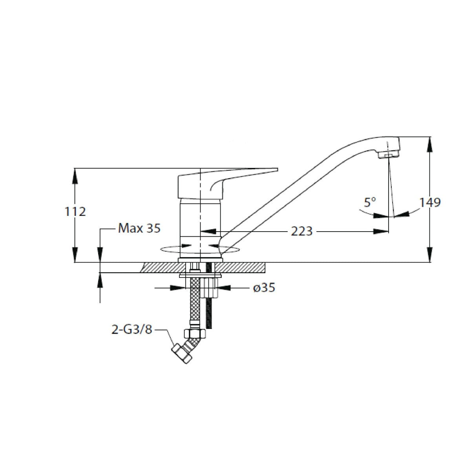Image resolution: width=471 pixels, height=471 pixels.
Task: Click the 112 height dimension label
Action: [75, 212]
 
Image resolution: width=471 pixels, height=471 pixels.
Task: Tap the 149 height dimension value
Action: [430, 203]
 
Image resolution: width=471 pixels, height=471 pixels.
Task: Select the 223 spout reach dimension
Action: [301, 231]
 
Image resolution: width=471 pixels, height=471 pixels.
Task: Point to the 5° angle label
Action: [370, 203]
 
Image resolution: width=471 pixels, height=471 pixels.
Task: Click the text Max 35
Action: [139, 228]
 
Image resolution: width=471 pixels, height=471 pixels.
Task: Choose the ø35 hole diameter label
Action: [264, 288]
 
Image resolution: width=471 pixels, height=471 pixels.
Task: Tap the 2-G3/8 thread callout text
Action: [132, 330]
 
